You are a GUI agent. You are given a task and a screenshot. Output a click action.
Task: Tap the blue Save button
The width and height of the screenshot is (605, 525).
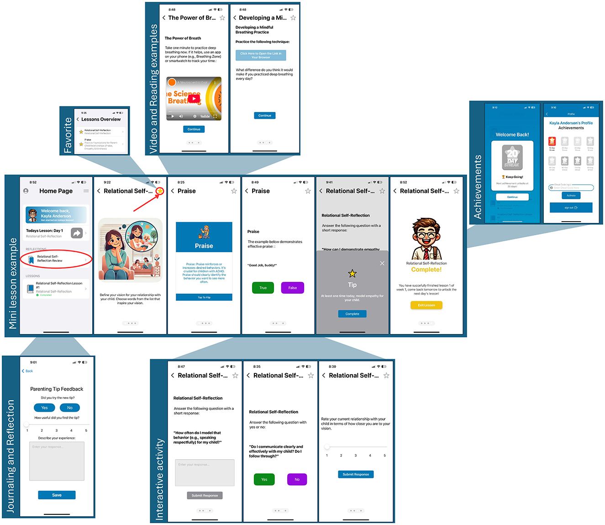tap(57, 495)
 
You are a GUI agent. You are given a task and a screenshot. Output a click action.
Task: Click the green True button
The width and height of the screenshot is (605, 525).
tap(263, 288)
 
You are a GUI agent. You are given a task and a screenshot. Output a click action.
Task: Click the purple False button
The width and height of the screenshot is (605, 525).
tap(292, 288)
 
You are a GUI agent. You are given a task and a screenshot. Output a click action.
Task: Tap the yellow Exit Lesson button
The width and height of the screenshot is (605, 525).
tap(426, 305)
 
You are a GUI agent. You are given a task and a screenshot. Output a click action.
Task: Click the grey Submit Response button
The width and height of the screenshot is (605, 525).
tap(205, 495)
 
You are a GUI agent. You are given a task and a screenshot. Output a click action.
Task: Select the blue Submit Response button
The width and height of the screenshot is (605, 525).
tap(356, 474)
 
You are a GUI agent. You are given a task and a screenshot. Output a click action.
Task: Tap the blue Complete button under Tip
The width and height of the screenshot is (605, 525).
tap(352, 314)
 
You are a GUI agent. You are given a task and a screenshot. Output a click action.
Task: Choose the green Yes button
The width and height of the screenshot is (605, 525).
tap(264, 479)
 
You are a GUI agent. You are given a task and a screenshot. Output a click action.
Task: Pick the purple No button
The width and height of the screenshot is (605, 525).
tap(297, 479)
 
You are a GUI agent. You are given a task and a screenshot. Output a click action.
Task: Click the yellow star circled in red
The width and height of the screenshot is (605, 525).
tap(160, 191)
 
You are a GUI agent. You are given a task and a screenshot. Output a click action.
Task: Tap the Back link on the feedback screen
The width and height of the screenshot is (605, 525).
tap(27, 371)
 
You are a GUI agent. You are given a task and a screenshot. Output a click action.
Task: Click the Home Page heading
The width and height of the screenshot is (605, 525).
tap(56, 191)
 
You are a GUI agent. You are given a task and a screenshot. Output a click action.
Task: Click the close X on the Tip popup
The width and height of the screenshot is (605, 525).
tap(382, 263)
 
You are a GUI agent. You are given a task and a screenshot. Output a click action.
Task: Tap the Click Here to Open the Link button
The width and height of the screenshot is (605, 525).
tap(261, 55)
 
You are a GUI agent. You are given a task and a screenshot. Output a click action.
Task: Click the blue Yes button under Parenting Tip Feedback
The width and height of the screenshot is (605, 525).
tap(44, 408)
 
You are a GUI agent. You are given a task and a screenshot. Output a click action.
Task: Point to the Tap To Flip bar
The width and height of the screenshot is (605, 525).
tap(204, 297)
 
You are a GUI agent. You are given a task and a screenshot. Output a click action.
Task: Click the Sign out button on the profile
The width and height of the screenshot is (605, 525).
tap(571, 207)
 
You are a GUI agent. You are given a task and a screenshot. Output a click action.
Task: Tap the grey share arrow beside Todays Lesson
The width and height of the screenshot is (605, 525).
tap(77, 233)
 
